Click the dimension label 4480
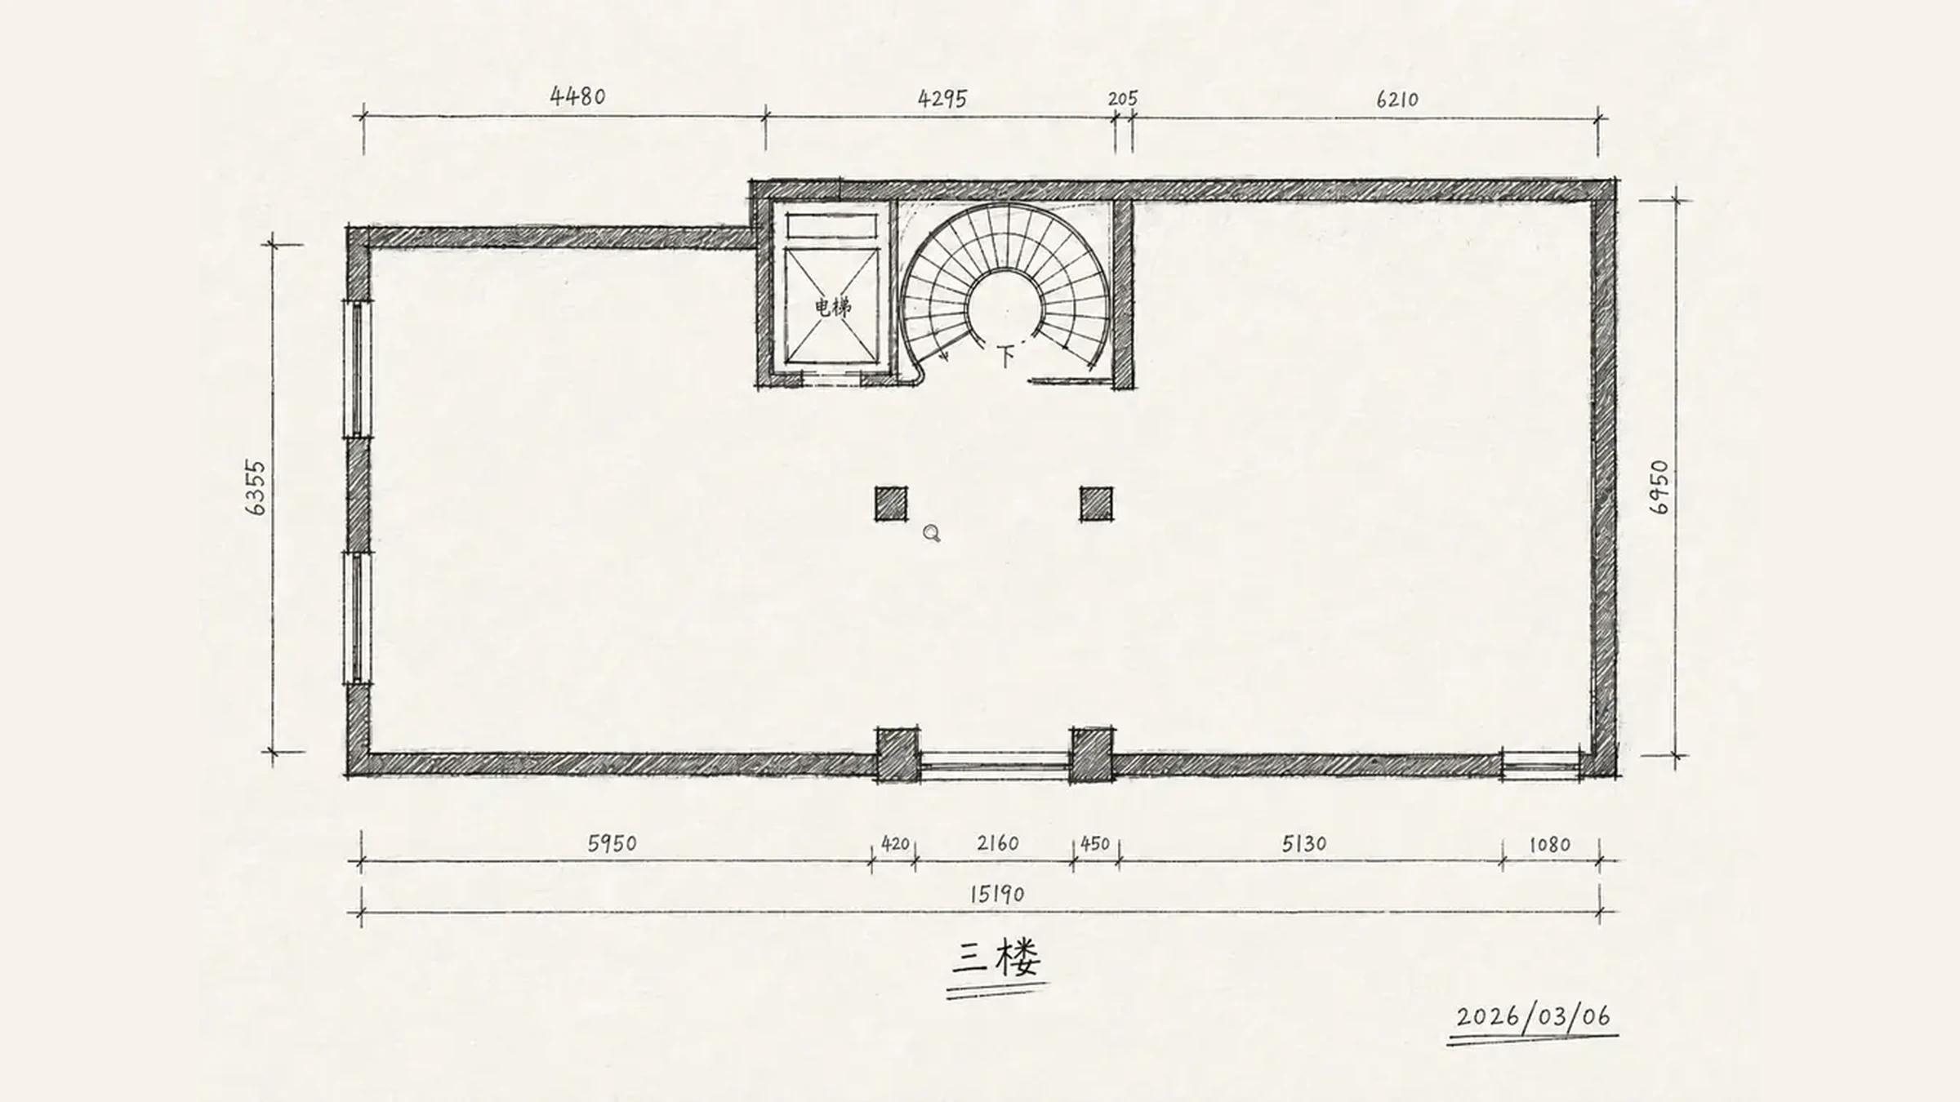click(x=577, y=96)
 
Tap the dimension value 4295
click(x=942, y=99)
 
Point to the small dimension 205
click(x=1123, y=99)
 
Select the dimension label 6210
click(x=1397, y=100)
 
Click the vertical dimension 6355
click(x=256, y=488)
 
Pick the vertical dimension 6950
click(x=1659, y=487)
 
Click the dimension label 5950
click(x=612, y=843)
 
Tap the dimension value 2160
click(x=997, y=843)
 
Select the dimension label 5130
click(x=1303, y=843)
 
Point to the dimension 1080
click(x=1549, y=844)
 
